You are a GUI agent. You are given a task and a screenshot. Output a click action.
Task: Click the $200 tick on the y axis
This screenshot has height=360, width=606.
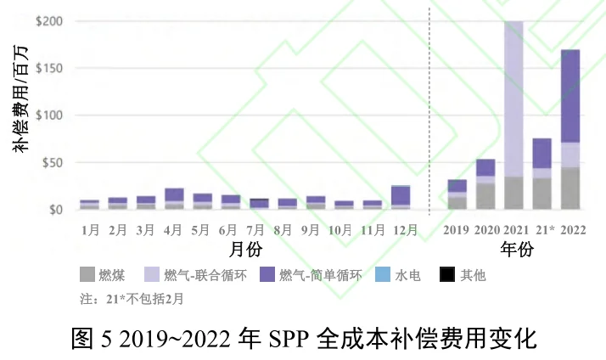pos(48,20)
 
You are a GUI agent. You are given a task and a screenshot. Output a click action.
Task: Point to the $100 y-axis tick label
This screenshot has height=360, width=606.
pos(48,115)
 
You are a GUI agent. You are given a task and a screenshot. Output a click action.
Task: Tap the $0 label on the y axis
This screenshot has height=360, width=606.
pos(54,209)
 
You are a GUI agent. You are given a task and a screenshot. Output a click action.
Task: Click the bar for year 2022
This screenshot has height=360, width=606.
pos(570,129)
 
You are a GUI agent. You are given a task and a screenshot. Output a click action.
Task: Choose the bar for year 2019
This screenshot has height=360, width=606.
pos(457,194)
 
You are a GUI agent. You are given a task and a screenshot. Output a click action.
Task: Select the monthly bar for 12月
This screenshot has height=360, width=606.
pos(400,197)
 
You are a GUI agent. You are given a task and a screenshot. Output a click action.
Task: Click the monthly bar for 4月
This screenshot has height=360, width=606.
pos(174,199)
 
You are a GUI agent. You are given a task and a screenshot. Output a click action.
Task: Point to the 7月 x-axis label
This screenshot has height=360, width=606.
pos(259,229)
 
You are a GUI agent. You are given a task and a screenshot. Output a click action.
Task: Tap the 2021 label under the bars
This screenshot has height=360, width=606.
pos(514,229)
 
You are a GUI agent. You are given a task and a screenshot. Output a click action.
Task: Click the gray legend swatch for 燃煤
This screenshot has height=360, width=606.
pos(87,275)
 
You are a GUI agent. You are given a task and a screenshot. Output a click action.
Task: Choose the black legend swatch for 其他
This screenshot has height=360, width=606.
pos(446,275)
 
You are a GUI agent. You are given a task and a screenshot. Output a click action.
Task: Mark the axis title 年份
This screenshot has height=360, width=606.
pos(515,250)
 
